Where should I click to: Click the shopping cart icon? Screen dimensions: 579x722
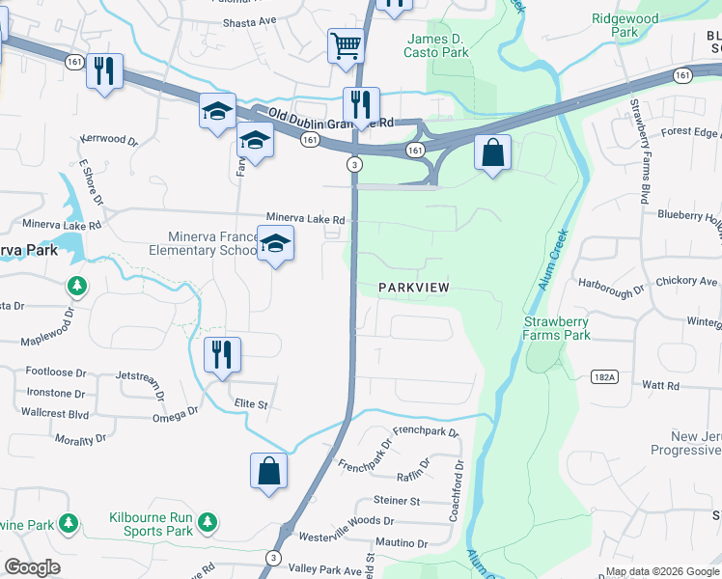click(345, 45)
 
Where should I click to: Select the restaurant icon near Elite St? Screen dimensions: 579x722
click(223, 354)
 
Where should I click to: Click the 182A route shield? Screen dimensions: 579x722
click(601, 374)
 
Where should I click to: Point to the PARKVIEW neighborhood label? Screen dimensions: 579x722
click(414, 288)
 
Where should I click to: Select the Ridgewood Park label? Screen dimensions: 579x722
click(625, 25)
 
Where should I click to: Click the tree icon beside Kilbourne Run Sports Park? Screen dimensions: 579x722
click(207, 523)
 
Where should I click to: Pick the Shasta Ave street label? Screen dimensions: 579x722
click(250, 21)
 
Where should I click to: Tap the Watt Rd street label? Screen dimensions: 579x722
click(660, 385)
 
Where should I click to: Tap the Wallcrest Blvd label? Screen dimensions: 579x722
click(54, 412)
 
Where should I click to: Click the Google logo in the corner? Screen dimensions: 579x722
click(32, 566)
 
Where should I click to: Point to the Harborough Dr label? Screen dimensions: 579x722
click(610, 290)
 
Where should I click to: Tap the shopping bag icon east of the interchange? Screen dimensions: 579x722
click(492, 153)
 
